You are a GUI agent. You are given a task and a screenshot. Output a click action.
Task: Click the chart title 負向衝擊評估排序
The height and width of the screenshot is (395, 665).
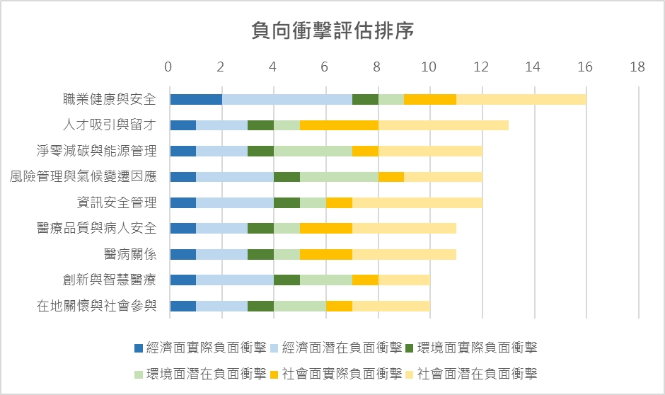click(332, 31)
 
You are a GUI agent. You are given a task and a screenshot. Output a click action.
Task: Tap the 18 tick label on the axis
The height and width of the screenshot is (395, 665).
click(637, 67)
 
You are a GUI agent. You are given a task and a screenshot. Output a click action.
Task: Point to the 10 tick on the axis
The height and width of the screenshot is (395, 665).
click(428, 67)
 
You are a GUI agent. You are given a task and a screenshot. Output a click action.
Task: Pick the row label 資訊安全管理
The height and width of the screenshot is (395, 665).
click(117, 202)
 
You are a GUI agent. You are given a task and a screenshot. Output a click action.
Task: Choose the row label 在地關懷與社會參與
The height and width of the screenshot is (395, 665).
click(96, 306)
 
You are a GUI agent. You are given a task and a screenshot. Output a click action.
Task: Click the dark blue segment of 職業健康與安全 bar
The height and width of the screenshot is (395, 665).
click(196, 99)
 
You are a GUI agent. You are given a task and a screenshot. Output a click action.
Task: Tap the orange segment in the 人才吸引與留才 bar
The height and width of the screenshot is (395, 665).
click(339, 125)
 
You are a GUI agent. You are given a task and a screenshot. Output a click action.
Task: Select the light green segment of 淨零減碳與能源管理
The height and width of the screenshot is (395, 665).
click(313, 151)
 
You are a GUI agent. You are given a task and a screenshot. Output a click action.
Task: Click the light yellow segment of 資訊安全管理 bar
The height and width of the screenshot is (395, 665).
click(417, 202)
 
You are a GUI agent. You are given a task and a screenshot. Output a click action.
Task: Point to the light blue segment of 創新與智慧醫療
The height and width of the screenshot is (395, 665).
click(235, 280)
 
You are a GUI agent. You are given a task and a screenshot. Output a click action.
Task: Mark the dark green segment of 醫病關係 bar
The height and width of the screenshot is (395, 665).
click(260, 254)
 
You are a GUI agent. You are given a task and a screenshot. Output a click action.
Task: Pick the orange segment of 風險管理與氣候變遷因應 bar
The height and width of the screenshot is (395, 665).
click(391, 177)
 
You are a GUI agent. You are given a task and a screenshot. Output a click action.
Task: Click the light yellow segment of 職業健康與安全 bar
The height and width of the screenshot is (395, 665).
click(521, 99)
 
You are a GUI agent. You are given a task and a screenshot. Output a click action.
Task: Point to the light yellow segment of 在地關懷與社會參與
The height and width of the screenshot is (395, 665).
click(391, 306)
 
